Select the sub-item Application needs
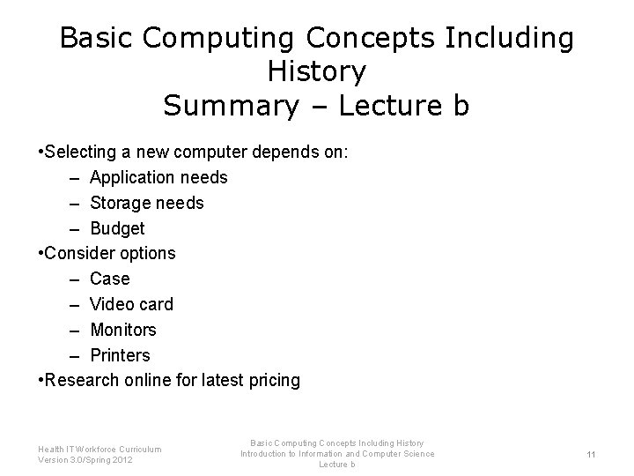coord(158,178)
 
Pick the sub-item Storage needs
coord(146,203)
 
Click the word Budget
coord(117,228)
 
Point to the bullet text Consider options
coord(109,254)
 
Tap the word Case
coord(109,279)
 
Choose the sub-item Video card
coord(131,304)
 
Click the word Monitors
coord(122,330)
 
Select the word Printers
coord(120,355)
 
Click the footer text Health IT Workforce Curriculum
coord(100,449)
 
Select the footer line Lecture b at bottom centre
coord(336,465)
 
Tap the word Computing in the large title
coord(210,39)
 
